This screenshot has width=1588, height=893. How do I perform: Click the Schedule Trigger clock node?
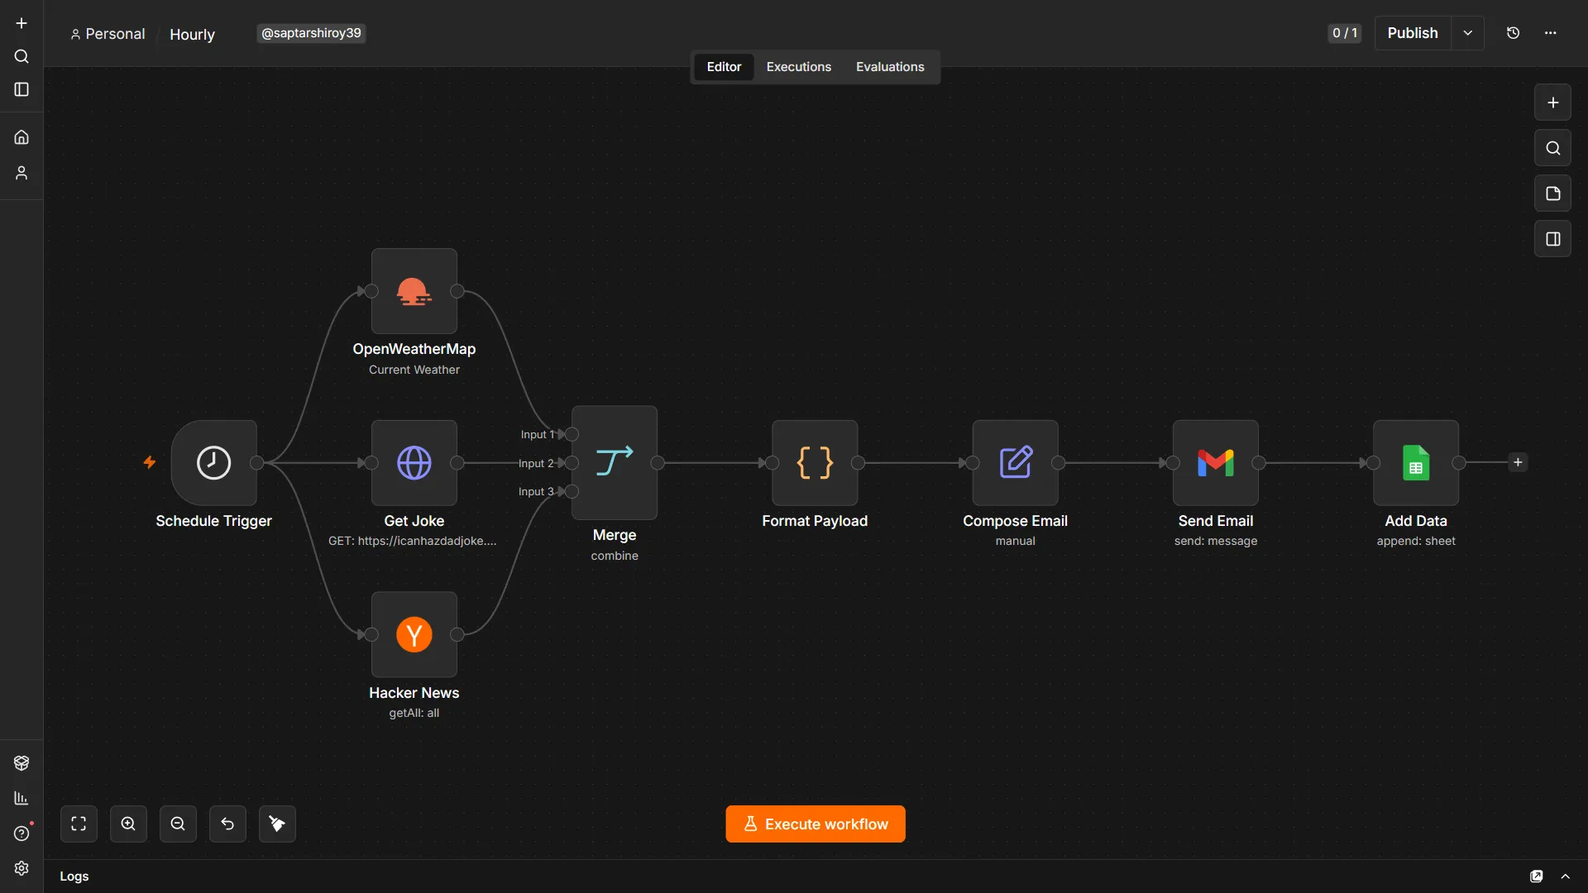pyautogui.click(x=213, y=462)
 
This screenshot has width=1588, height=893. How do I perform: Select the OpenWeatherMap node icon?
pyautogui.click(x=414, y=291)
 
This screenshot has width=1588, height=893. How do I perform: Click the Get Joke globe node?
pyautogui.click(x=414, y=462)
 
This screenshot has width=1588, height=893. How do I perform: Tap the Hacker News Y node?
pyautogui.click(x=414, y=634)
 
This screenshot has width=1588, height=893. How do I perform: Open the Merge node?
pyautogui.click(x=615, y=462)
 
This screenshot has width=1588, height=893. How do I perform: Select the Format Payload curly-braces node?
pyautogui.click(x=815, y=462)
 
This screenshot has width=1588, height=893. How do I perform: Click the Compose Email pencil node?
pyautogui.click(x=1015, y=462)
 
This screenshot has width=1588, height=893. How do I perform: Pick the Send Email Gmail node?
pyautogui.click(x=1216, y=462)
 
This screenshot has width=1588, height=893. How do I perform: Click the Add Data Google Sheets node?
pyautogui.click(x=1416, y=462)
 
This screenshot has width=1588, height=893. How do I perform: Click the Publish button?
pyautogui.click(x=1413, y=33)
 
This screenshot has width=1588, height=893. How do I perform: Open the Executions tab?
pyautogui.click(x=798, y=67)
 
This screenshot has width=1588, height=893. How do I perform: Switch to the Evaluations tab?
pyautogui.click(x=890, y=67)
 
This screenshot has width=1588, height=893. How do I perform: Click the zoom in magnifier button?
pyautogui.click(x=128, y=824)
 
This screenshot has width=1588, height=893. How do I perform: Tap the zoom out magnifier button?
pyautogui.click(x=178, y=824)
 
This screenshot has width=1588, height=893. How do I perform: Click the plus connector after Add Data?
pyautogui.click(x=1518, y=462)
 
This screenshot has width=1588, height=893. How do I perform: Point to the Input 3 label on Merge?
pyautogui.click(x=536, y=491)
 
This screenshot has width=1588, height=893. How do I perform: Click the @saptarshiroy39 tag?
pyautogui.click(x=311, y=33)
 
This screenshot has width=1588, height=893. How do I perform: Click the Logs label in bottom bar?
pyautogui.click(x=74, y=876)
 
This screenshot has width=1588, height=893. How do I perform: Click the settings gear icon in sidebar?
pyautogui.click(x=22, y=868)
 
